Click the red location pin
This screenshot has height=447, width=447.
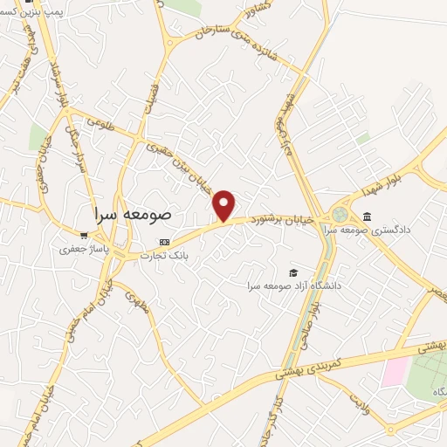click(224, 204)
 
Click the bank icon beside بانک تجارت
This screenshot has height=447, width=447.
click(163, 241)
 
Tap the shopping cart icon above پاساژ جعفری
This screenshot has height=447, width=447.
click(84, 236)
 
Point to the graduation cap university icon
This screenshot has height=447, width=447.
click(293, 272)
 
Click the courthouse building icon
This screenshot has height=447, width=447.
click(366, 217)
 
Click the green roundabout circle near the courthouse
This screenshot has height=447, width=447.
click(339, 214)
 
